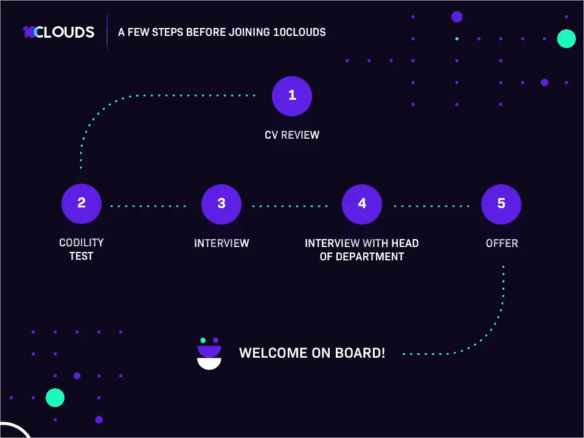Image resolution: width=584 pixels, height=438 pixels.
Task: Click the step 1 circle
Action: tap(292, 96)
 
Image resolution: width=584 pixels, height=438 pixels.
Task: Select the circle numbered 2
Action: tap(82, 204)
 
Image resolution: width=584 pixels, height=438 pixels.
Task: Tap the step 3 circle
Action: tap(221, 204)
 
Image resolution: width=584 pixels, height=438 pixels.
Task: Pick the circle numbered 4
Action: tap(362, 204)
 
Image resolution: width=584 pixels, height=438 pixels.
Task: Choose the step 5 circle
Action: tap(501, 204)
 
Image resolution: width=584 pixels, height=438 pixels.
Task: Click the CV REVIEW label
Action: tap(292, 134)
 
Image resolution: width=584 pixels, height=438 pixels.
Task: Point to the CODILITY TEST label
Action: tap(82, 249)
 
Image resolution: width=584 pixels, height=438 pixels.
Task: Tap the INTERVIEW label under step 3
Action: tap(221, 243)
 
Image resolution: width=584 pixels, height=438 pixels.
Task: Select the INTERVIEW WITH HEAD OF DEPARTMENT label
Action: tap(362, 249)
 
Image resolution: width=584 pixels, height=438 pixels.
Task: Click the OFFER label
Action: tap(502, 243)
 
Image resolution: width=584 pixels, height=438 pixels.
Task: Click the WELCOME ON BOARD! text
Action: tap(312, 353)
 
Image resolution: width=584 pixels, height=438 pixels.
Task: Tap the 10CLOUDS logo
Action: tap(58, 32)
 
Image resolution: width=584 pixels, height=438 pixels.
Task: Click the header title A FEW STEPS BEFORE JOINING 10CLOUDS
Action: tap(222, 32)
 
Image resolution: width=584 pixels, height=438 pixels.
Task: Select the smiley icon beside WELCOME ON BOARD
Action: tap(209, 354)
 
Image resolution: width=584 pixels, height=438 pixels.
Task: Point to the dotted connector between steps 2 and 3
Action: tap(148, 206)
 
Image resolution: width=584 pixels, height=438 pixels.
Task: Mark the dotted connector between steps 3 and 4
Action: tap(290, 206)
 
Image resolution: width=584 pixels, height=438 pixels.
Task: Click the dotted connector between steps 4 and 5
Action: tap(431, 206)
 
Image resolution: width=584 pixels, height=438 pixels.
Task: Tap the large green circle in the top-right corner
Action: tap(566, 38)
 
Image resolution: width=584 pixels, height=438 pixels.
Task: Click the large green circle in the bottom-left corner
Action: tap(55, 398)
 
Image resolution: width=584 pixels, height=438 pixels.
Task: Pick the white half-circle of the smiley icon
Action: tap(209, 363)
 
